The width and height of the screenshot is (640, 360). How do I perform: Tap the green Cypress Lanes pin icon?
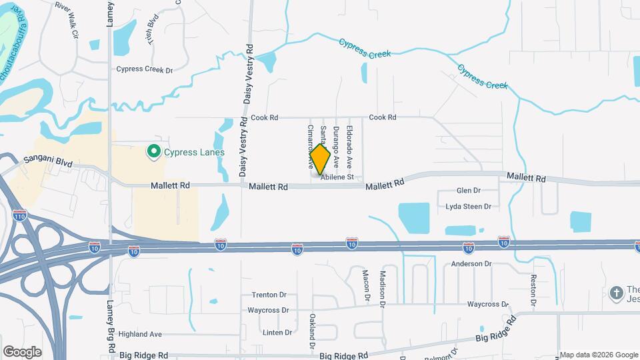pyautogui.click(x=154, y=152)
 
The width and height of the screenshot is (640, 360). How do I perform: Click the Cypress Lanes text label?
pyautogui.click(x=193, y=153)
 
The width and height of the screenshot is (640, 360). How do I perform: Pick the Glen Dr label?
pyautogui.click(x=468, y=191)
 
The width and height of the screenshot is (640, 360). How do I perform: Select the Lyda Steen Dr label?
pyautogui.click(x=468, y=207)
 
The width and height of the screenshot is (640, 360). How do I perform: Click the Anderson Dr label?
pyautogui.click(x=471, y=264)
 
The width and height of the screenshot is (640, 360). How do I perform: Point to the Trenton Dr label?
pyautogui.click(x=269, y=295)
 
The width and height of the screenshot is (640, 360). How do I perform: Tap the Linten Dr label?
pyautogui.click(x=277, y=332)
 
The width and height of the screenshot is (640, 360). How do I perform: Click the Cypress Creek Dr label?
pyautogui.click(x=144, y=69)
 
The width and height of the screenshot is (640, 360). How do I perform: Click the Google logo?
pyautogui.click(x=22, y=351)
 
